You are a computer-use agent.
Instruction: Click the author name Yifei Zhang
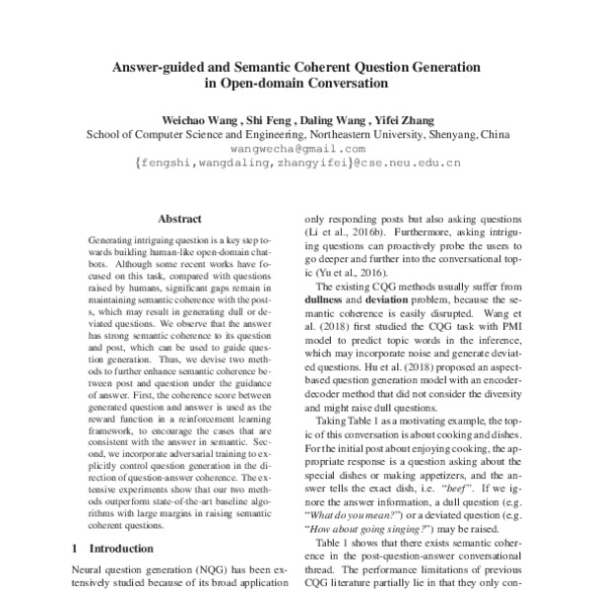(394, 119)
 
